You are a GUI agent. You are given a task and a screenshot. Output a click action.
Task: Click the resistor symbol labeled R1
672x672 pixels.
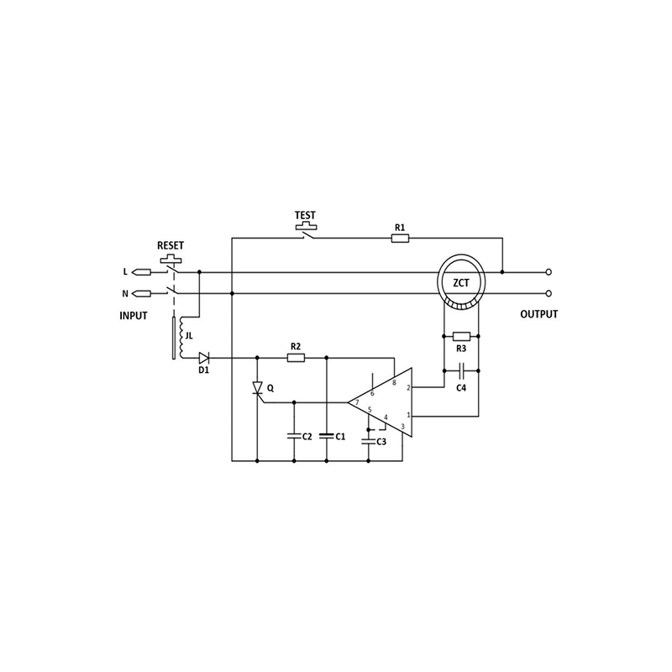[401, 239]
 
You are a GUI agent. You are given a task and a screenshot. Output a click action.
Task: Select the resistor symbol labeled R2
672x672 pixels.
[296, 358]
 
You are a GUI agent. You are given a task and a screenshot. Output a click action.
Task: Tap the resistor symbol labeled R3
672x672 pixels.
[461, 337]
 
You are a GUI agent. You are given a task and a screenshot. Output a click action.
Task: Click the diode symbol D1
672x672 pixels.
[203, 358]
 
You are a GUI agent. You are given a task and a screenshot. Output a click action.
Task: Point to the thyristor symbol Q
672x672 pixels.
[257, 389]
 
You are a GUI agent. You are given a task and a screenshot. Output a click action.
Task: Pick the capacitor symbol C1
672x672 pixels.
[327, 436]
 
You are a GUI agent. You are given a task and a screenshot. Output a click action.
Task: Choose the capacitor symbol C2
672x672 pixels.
[294, 436]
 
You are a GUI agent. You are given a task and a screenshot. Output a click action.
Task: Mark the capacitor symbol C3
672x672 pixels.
[369, 441]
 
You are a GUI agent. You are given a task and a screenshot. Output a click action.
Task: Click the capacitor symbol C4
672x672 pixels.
[461, 370]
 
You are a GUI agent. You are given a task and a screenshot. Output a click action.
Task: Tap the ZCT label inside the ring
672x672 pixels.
[461, 283]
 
